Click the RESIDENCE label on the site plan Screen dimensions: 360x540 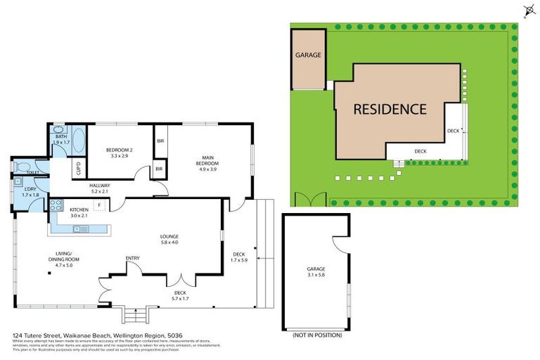[x=389, y=109]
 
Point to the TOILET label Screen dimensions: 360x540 [x=32, y=172]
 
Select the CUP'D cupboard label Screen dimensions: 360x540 [x=78, y=169]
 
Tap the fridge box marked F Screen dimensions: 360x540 [x=100, y=205]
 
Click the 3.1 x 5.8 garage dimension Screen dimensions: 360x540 [x=316, y=274]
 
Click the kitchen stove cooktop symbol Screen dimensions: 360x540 [x=56, y=205]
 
